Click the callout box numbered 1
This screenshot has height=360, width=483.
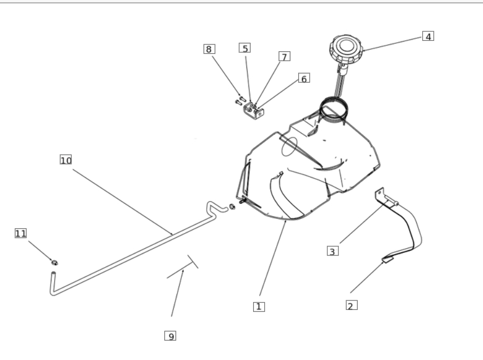[x=259, y=307]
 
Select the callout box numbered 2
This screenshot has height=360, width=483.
[x=351, y=305]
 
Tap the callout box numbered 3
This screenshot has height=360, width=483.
[x=333, y=251]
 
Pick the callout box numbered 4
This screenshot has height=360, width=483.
[x=428, y=36]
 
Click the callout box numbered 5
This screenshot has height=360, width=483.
[x=244, y=48]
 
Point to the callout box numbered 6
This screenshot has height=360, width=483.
[x=304, y=78]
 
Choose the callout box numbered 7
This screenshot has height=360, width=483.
[x=284, y=56]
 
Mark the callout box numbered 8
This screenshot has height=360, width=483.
[x=209, y=49]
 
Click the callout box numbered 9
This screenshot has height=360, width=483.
[x=170, y=336]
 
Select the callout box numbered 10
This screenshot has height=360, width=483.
[x=66, y=160]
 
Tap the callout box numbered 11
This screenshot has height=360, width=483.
[x=21, y=234]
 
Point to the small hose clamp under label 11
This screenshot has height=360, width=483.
[x=54, y=263]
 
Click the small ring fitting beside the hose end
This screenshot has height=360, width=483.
[x=232, y=206]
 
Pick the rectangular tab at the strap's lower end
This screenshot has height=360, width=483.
[x=387, y=260]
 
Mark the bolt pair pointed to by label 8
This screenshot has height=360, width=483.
[x=240, y=100]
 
